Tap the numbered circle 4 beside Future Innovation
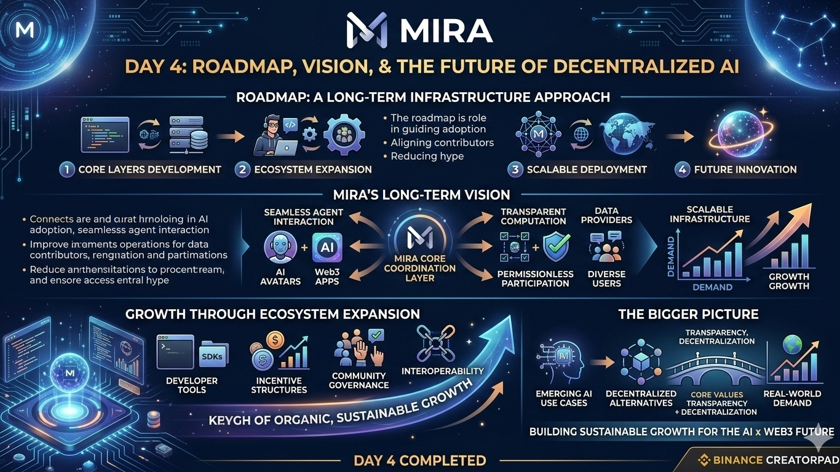click(x=682, y=170)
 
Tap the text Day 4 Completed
click(x=419, y=460)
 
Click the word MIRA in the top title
click(x=446, y=31)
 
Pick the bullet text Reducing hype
click(x=427, y=156)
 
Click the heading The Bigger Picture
click(x=688, y=314)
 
